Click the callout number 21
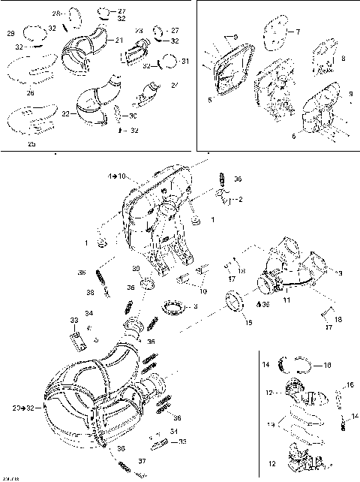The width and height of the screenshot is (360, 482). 119,39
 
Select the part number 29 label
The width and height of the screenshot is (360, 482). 10,34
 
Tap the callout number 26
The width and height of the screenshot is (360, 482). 30,93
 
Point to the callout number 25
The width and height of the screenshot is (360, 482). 31,143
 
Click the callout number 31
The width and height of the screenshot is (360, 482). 185,60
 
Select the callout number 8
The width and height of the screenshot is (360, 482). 343,57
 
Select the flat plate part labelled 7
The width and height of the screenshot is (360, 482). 275,35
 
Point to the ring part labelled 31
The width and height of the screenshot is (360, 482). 170,61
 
